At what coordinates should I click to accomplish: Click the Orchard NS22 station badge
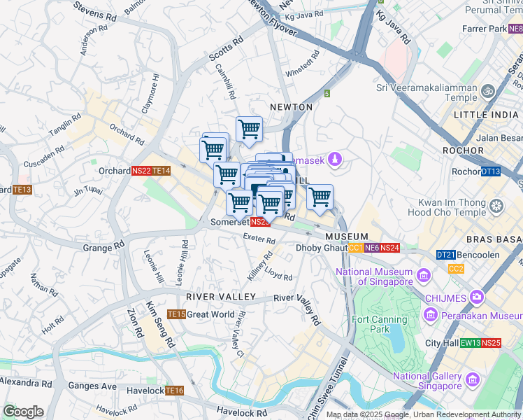pyautogui.click(x=142, y=170)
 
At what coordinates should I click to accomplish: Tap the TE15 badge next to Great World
pyautogui.click(x=176, y=314)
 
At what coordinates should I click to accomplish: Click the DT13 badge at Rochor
pyautogui.click(x=491, y=171)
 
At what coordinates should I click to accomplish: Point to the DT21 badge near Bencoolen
pyautogui.click(x=445, y=255)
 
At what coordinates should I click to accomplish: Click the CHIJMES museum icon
pyautogui.click(x=478, y=297)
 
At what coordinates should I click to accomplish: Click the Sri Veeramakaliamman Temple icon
pyautogui.click(x=489, y=92)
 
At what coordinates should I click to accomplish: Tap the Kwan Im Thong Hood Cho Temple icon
pyautogui.click(x=497, y=206)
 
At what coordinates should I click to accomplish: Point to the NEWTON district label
pyautogui.click(x=292, y=107)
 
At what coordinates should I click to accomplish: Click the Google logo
pyautogui.click(x=23, y=411)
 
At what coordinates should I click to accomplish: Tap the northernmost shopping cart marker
pyautogui.click(x=249, y=129)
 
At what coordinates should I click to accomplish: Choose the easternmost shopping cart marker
pyautogui.click(x=320, y=198)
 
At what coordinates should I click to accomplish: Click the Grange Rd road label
pyautogui.click(x=103, y=246)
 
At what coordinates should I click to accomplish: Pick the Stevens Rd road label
pyautogui.click(x=98, y=11)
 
